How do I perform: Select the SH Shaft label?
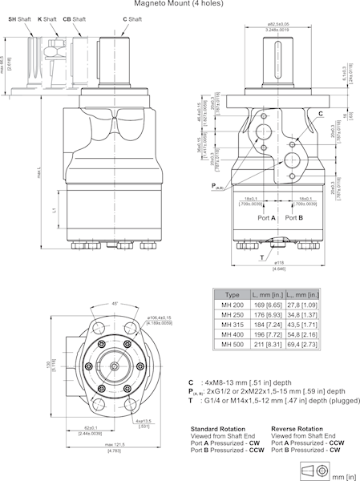click(x=18, y=18)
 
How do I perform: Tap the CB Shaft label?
click(x=75, y=18)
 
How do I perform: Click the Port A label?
click(x=267, y=217)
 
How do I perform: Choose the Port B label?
click(x=294, y=217)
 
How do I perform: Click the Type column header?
click(x=233, y=295)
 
